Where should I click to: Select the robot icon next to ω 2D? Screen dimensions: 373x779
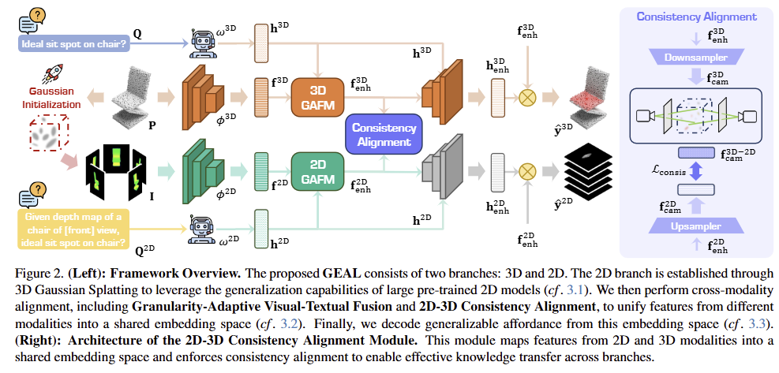click(x=203, y=226)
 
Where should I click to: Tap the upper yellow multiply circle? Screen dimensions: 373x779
click(x=527, y=97)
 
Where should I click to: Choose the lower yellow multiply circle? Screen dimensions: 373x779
click(x=527, y=170)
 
